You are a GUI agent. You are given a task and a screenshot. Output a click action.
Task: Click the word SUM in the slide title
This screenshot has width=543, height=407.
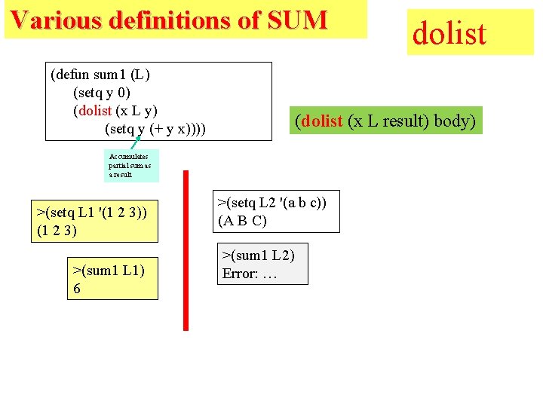pos(296,20)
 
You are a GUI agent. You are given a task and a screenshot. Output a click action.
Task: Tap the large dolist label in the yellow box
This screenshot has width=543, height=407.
pos(449,32)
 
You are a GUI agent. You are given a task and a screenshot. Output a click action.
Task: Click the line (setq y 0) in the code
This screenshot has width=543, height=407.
pos(101,93)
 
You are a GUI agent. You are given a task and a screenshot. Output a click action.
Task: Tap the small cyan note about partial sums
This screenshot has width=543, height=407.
pos(131,165)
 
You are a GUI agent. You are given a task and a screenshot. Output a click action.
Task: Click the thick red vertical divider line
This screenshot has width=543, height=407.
pos(186,249)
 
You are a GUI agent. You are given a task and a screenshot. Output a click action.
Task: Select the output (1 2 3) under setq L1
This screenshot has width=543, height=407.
pos(57,231)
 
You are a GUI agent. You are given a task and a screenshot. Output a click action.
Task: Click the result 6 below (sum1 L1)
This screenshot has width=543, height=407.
pos(77,289)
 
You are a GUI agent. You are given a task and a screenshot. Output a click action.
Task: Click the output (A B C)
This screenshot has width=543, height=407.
pos(242,221)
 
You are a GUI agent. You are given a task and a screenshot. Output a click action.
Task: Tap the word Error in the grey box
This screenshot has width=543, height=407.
pos(239,274)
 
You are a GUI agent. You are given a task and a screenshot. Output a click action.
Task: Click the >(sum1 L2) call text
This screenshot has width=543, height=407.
pos(257,255)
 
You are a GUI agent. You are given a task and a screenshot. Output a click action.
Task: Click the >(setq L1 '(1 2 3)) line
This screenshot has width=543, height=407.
pos(91,212)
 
